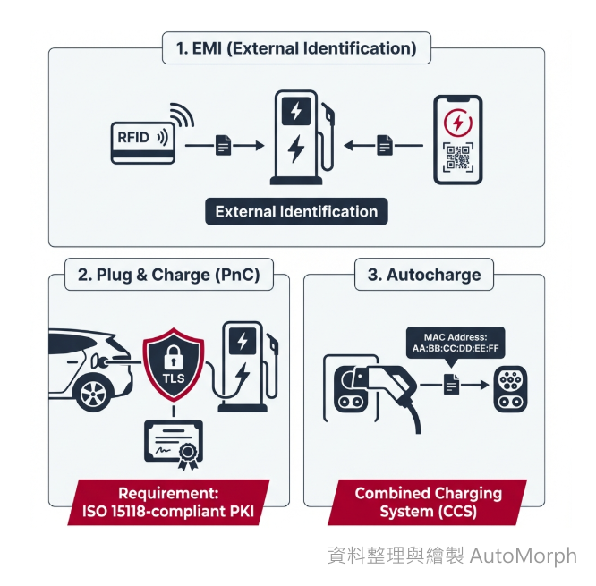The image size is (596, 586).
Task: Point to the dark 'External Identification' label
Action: [x=296, y=212]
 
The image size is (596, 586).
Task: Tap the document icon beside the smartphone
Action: [x=383, y=143]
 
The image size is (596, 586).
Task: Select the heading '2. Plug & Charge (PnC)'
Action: [x=169, y=275]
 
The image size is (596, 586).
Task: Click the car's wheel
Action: [x=92, y=393]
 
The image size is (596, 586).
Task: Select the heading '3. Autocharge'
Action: [x=424, y=275]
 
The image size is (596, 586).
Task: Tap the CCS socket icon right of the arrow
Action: [x=512, y=386]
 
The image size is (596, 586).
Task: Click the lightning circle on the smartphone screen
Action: [x=457, y=121]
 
